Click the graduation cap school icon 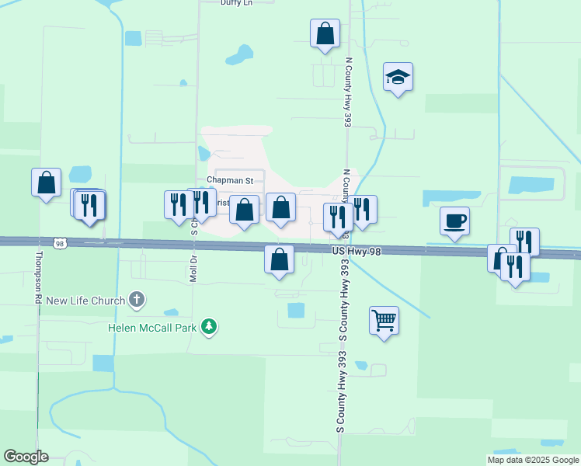click(398, 77)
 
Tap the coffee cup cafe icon click(454, 221)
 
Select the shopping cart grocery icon click(384, 319)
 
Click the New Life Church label click(85, 301)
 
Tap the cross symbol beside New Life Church click(137, 299)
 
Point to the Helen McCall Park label click(151, 328)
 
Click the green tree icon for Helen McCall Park click(208, 327)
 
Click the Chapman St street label click(230, 180)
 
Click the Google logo click(26, 457)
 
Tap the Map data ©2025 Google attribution click(532, 460)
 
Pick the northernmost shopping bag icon click(325, 33)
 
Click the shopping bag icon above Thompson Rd click(46, 183)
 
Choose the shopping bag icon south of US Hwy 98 click(280, 259)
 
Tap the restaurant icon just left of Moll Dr click(179, 204)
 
